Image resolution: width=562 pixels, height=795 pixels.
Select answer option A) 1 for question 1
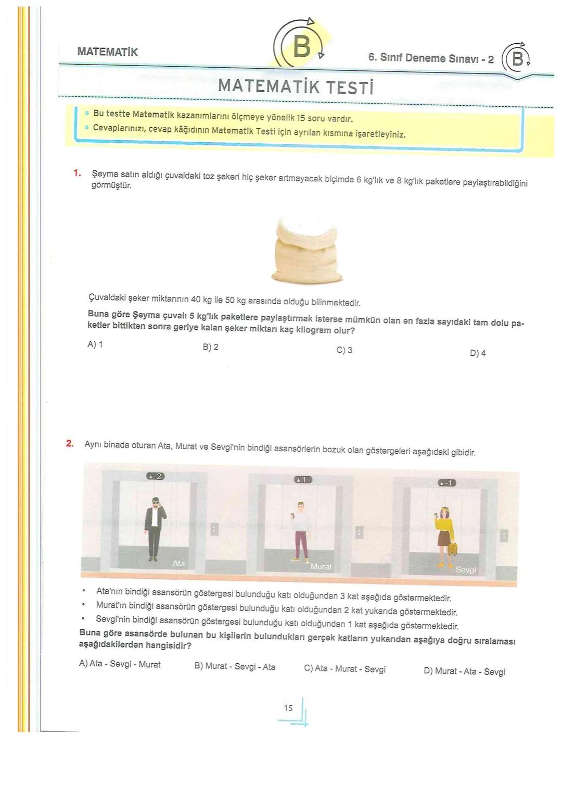tap(95, 344)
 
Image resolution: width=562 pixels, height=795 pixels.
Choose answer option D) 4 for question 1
tap(477, 353)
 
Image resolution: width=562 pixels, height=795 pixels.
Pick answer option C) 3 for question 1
tap(344, 350)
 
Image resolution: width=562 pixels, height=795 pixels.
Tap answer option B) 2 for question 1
tap(210, 347)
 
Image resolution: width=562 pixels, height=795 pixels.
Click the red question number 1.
tap(77, 173)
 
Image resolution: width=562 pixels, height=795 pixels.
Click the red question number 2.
tap(70, 444)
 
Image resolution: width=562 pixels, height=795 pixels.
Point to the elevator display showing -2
tap(156, 476)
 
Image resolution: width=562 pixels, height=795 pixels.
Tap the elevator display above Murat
tap(303, 479)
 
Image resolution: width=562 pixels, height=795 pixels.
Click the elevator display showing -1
tap(446, 483)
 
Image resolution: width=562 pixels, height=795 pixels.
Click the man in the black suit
tap(154, 529)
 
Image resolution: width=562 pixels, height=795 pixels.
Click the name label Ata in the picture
tap(178, 563)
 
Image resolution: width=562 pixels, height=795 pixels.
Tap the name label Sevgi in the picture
tap(465, 570)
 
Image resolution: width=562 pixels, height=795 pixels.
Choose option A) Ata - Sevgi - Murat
tap(120, 664)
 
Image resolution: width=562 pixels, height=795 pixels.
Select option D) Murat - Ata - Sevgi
tap(464, 672)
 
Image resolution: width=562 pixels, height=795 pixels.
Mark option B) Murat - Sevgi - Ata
tap(235, 667)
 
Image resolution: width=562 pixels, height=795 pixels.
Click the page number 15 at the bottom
tap(288, 708)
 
